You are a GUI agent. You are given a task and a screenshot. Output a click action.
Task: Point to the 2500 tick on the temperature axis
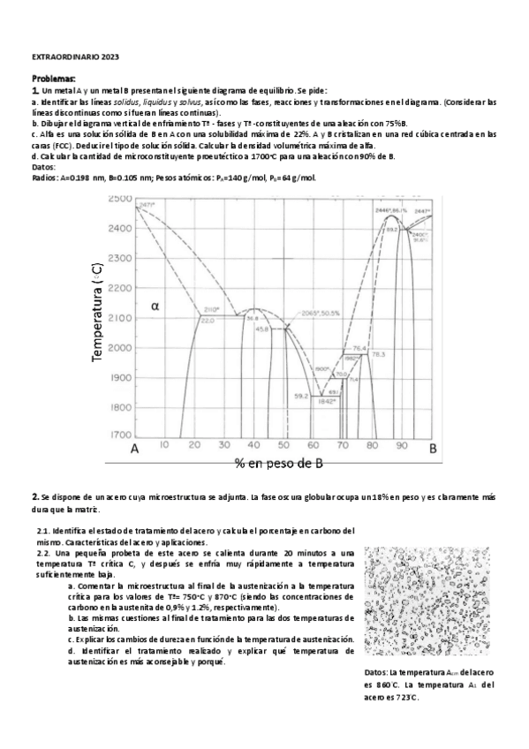(119, 200)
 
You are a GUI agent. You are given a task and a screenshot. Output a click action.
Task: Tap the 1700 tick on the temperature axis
(119, 435)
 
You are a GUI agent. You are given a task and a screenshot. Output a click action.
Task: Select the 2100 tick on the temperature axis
(119, 318)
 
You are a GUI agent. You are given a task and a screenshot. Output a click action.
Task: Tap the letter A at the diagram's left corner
(135, 449)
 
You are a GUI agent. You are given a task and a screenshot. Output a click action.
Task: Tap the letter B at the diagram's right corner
(433, 449)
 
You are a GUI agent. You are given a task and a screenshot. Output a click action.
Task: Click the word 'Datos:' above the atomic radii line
(42, 166)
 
